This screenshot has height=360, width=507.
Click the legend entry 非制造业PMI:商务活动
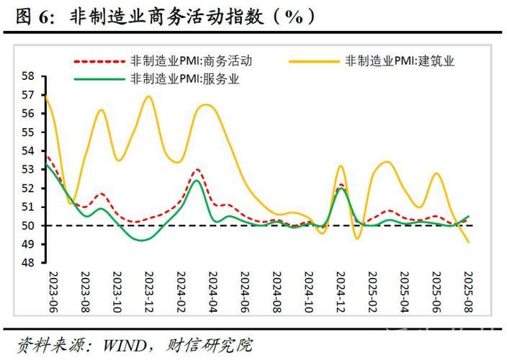[x=190, y=61]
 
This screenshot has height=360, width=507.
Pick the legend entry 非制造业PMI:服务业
[x=183, y=79]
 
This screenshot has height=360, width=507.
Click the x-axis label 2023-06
[x=53, y=292]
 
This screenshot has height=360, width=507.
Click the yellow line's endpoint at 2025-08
[x=468, y=242]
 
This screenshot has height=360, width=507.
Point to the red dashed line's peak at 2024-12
[x=341, y=185]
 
